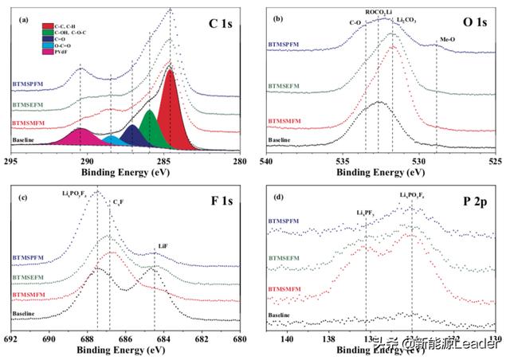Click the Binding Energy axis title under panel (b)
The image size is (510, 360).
pos(381,170)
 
